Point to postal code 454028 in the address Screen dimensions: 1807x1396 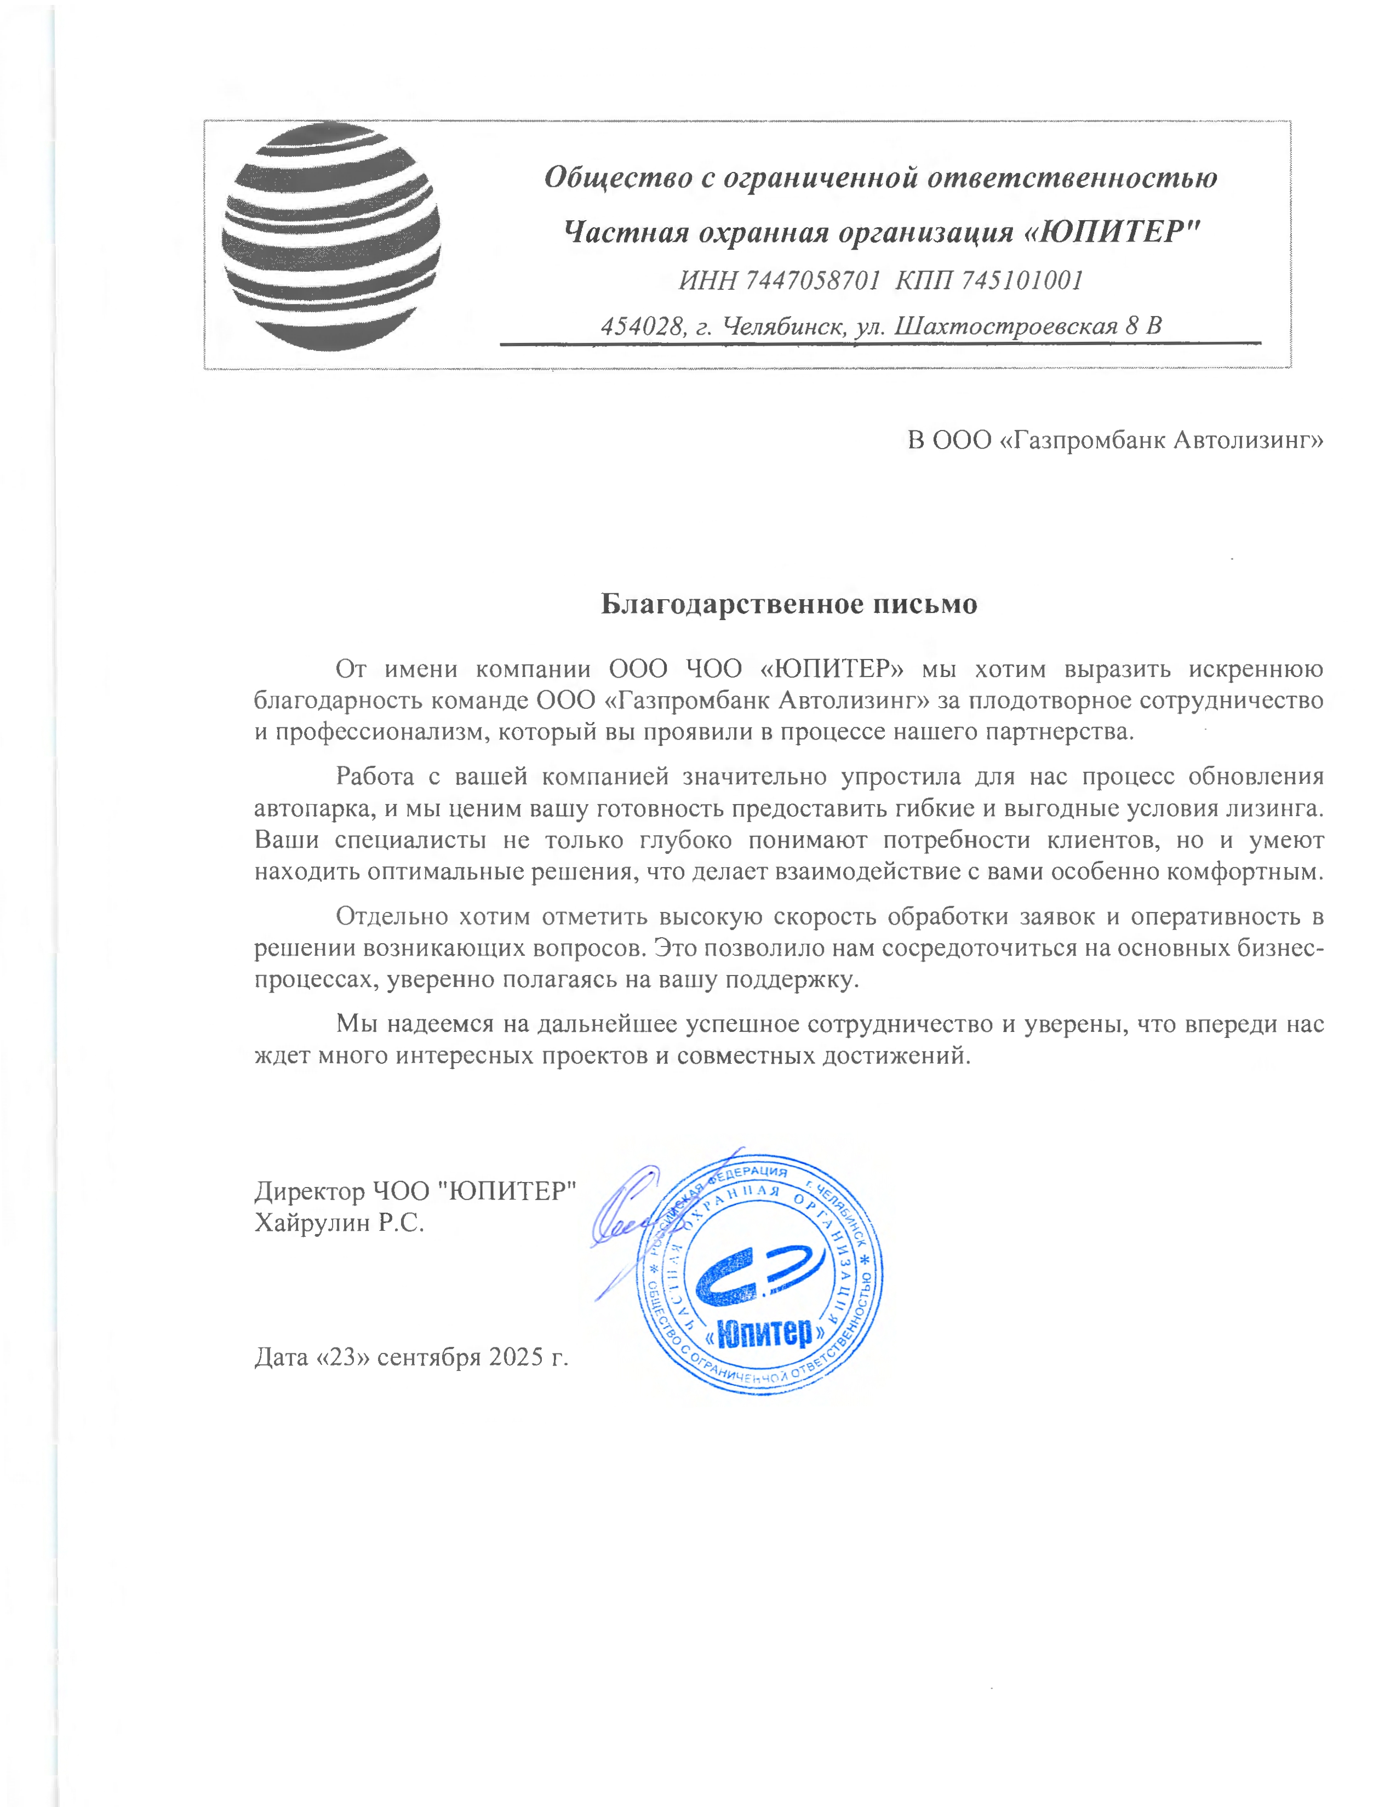click(x=642, y=326)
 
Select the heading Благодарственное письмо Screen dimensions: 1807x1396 click(x=788, y=604)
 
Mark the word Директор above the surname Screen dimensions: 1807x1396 click(x=310, y=1191)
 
